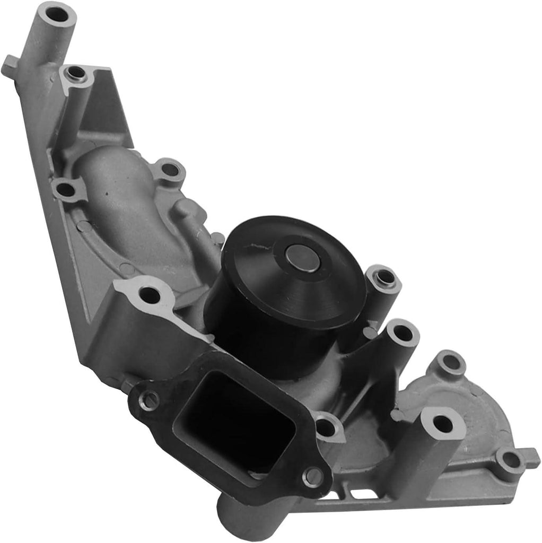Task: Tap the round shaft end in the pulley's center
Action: tap(303, 258)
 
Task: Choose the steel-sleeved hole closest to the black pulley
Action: tap(383, 277)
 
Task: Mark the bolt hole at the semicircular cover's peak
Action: tap(450, 363)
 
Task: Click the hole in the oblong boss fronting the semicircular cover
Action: tap(442, 424)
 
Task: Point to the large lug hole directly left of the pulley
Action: tap(151, 294)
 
